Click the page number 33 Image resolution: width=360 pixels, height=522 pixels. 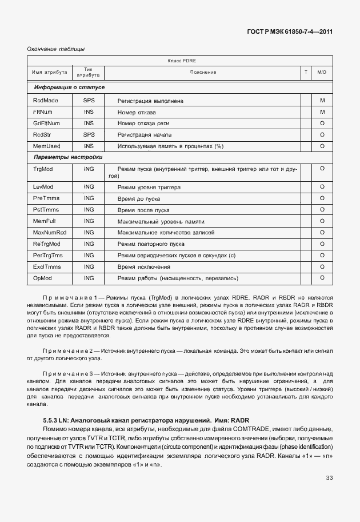[x=329, y=478]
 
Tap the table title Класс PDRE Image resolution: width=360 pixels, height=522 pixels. [x=182, y=60]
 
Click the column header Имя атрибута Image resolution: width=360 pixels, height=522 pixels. [x=50, y=72]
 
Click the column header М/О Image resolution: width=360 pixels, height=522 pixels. [x=322, y=72]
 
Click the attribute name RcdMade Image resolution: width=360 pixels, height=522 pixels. [x=46, y=101]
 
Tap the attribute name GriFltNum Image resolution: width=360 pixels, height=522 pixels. [x=47, y=123]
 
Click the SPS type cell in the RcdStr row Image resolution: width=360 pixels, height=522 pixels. [x=89, y=134]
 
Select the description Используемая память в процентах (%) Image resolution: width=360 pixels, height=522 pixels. [x=170, y=146]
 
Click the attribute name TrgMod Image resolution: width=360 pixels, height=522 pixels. [x=43, y=169]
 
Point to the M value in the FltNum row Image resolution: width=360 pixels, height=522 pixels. [x=322, y=111]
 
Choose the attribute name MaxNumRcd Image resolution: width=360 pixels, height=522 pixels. [x=50, y=233]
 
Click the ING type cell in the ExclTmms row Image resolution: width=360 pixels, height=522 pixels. [x=89, y=267]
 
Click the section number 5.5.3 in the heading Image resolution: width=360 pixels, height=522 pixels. [x=53, y=420]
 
